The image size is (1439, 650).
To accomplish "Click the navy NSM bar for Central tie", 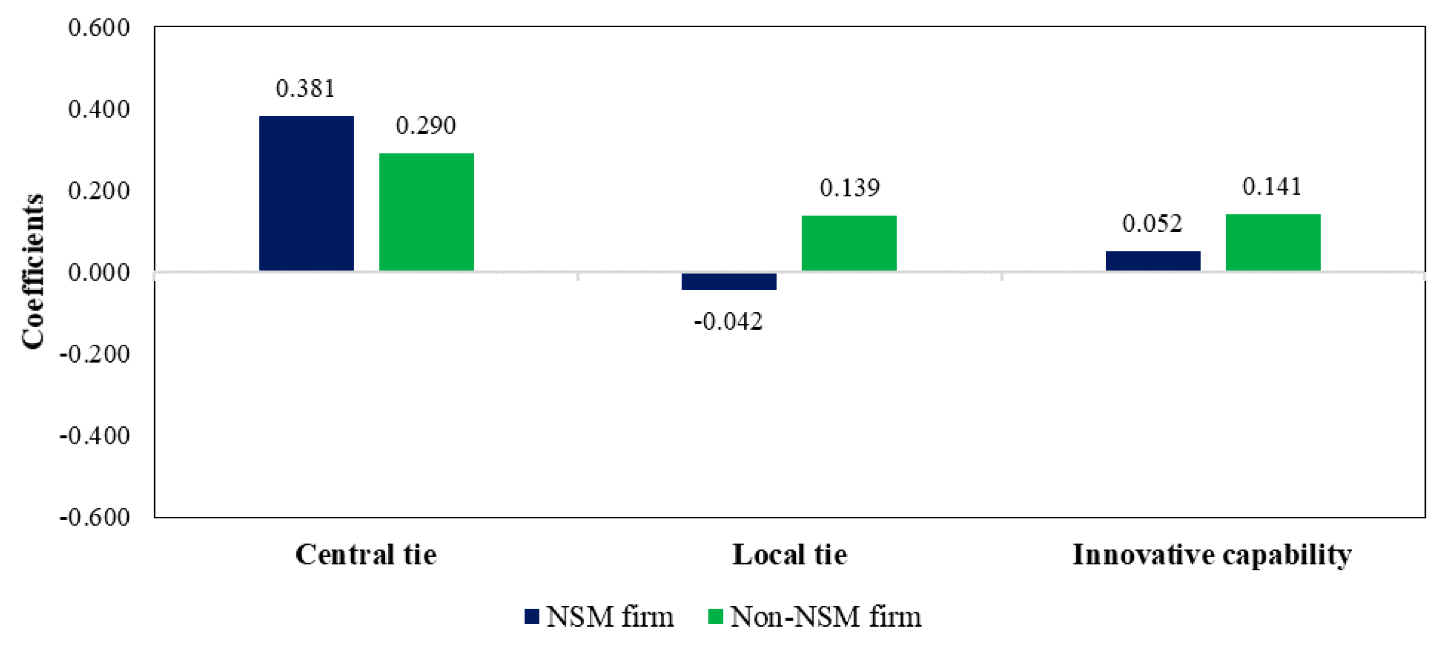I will [x=306, y=193].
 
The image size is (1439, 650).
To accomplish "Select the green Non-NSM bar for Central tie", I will [x=426, y=212].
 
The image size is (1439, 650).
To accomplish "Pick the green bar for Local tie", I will [x=849, y=243].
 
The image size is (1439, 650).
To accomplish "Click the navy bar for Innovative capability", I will [x=1152, y=261].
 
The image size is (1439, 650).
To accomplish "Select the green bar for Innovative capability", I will [x=1272, y=243].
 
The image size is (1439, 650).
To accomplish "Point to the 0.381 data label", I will [x=306, y=89].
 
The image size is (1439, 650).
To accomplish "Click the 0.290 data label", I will [x=426, y=126].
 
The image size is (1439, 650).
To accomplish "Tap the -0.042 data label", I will [x=728, y=322].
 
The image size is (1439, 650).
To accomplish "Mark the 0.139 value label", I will [x=849, y=188].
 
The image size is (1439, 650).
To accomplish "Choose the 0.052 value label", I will [x=1152, y=224].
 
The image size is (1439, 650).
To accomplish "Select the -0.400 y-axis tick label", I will [x=95, y=436].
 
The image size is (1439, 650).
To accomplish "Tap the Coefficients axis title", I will [x=33, y=272].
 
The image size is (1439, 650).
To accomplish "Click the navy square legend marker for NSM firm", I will [x=532, y=616].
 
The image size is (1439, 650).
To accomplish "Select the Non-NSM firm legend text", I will [x=825, y=617].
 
